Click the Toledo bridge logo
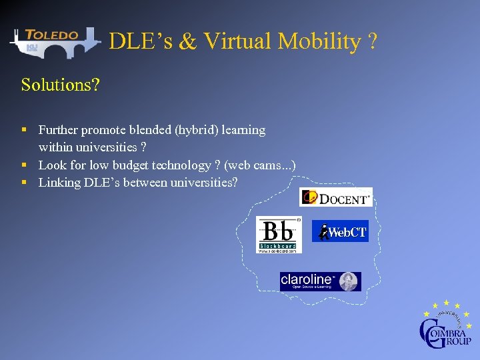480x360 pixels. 53,42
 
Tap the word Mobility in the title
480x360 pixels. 319,41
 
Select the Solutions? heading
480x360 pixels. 60,85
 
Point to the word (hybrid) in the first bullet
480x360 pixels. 195,130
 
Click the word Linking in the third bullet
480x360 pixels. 59,182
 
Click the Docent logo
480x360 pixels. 335,197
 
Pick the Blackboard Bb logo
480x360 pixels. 279,235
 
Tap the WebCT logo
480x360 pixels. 340,231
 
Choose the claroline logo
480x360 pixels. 320,281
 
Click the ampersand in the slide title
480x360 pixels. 188,41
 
